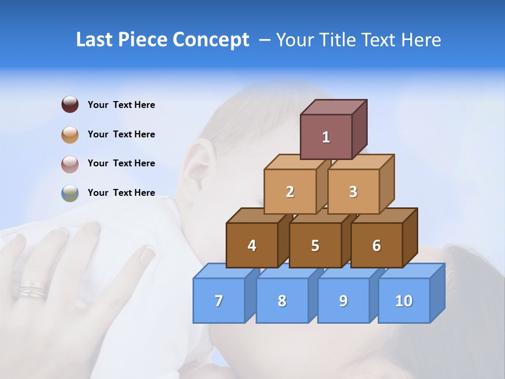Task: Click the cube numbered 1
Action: (326, 137)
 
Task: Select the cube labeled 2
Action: (290, 192)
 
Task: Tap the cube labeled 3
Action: (353, 192)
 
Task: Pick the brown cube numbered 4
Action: (252, 245)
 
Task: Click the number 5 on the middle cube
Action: (315, 246)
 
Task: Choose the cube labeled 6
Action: (377, 245)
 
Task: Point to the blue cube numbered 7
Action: (219, 301)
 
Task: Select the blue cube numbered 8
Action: (282, 301)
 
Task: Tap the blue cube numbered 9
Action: (344, 301)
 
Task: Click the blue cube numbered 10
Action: (404, 301)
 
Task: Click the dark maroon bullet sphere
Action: (70, 104)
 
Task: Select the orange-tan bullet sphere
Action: (70, 134)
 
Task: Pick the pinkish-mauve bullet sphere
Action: (70, 164)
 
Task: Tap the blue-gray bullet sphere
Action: (70, 193)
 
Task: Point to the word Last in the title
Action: (96, 40)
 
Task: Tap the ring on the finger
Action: (33, 289)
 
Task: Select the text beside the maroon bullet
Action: (122, 105)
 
